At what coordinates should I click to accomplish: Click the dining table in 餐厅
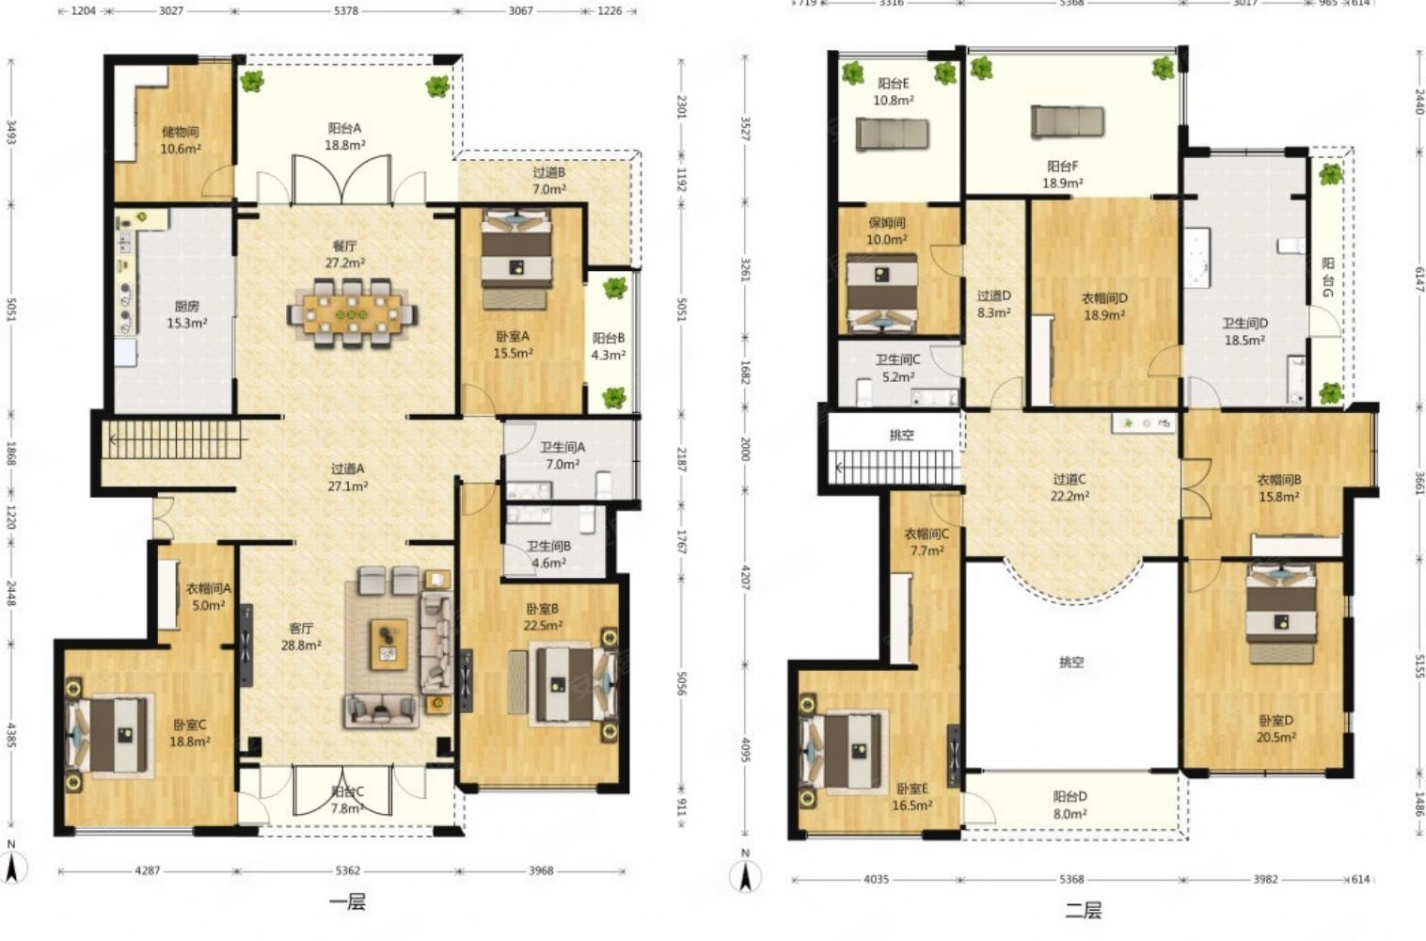pos(352,314)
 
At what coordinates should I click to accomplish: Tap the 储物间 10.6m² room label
pos(181,141)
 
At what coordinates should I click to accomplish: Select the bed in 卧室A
pos(516,259)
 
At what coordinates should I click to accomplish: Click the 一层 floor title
pos(348,902)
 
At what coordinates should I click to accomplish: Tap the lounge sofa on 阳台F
pos(1067,121)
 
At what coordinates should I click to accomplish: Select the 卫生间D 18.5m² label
pos(1244,332)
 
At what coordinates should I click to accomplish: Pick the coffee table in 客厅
pos(389,645)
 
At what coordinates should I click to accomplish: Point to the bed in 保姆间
pos(882,294)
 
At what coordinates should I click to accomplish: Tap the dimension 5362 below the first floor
pos(348,870)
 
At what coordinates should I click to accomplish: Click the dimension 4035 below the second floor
pos(876,879)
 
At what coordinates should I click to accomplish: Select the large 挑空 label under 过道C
pos(1071,662)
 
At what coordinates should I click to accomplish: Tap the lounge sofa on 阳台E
pos(892,134)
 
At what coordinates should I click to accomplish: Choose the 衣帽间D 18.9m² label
pos(1104,306)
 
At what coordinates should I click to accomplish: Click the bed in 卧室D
pos(1281,613)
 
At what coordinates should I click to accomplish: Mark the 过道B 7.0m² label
pos(548,181)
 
